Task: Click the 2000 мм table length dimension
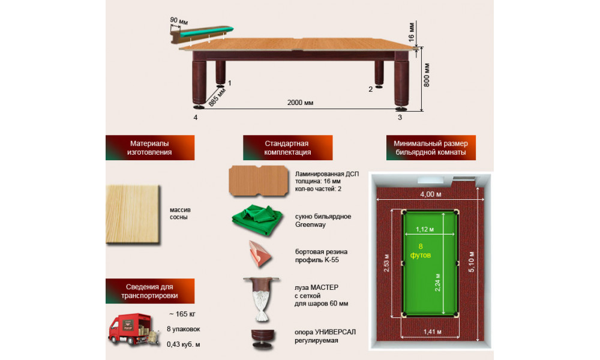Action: point(300,103)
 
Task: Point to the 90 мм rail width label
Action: point(179,21)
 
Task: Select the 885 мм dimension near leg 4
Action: point(214,98)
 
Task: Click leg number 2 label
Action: point(371,89)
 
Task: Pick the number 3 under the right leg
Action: point(400,118)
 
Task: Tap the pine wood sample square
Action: point(133,214)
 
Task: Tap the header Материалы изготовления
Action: point(149,148)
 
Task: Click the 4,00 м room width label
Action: point(430,194)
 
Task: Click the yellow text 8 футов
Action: point(421,250)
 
